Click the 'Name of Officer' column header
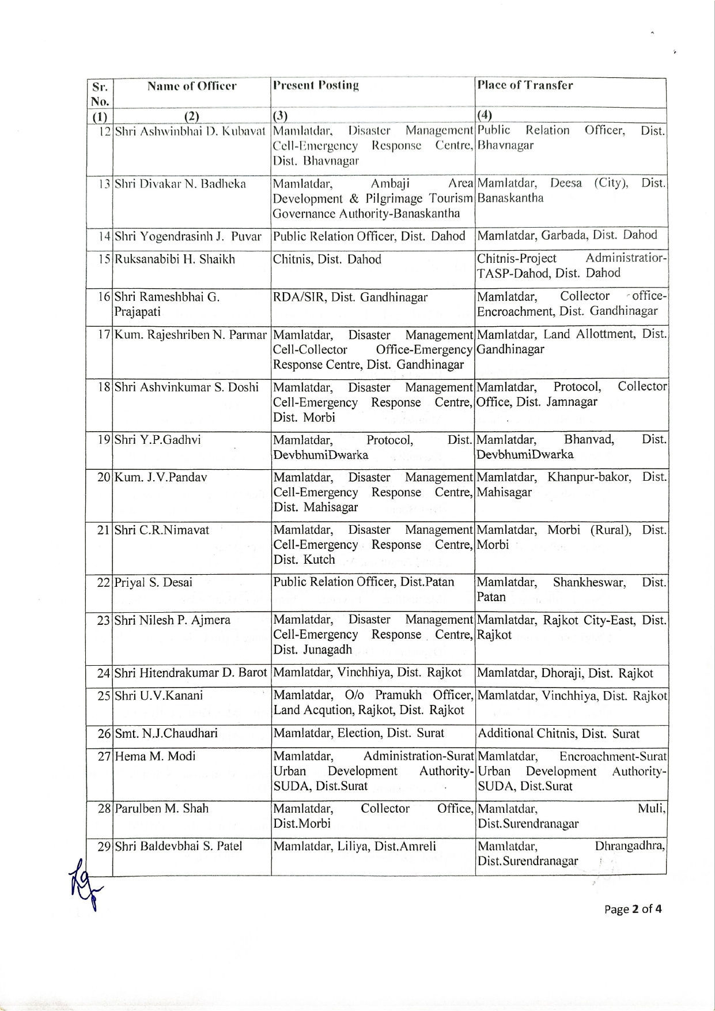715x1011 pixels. pos(192,86)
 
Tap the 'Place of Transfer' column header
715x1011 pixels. pos(525,85)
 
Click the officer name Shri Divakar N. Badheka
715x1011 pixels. pos(180,184)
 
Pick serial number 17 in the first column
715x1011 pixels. pos(104,335)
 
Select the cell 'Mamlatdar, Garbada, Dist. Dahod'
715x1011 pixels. pos(567,235)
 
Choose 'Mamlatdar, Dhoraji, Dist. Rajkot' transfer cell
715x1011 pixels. pos(565,673)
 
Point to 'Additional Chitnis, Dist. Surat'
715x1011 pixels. pos(558,734)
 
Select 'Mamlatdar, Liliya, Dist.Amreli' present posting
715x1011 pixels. pos(354,846)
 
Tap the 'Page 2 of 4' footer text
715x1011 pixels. pos(633,909)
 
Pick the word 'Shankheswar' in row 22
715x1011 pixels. pos(589,582)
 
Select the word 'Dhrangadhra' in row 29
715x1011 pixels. pos(630,846)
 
